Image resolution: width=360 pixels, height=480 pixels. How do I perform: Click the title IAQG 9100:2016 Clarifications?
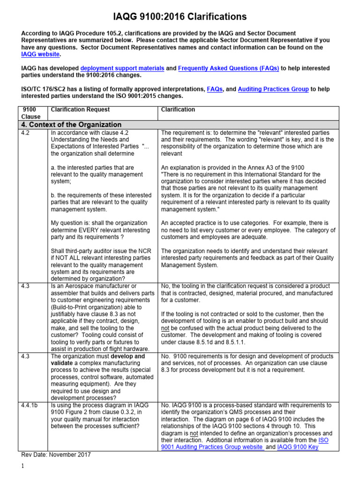[180, 17]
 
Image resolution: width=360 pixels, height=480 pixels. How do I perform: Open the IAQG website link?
[41, 54]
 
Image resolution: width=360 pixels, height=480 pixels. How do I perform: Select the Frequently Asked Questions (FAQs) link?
[228, 68]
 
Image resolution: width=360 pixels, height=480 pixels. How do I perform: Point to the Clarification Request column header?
[80, 110]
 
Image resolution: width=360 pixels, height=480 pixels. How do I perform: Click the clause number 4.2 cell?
[26, 133]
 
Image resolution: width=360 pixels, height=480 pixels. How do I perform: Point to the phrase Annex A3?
[266, 168]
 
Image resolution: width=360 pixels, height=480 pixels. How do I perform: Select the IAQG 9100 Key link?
[304, 447]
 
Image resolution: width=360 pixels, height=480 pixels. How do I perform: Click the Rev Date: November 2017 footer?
[56, 454]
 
